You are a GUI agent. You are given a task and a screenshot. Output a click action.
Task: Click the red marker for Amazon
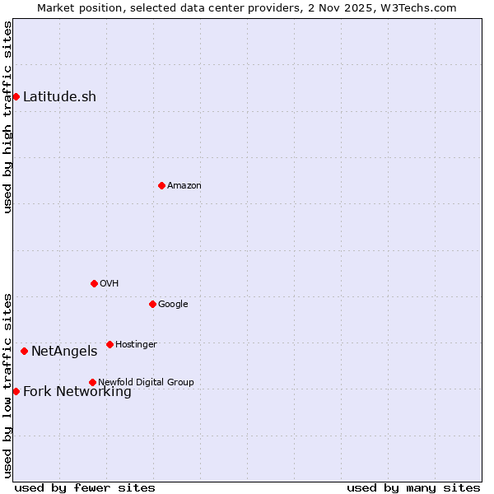click(161, 185)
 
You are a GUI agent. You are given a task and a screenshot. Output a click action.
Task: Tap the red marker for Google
click(152, 304)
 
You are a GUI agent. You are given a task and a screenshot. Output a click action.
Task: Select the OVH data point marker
click(94, 283)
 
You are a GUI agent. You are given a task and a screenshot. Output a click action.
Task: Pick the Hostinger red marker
click(110, 344)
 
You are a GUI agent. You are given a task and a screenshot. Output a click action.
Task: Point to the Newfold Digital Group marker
click(92, 382)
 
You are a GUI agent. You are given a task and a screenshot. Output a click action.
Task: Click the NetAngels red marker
click(24, 352)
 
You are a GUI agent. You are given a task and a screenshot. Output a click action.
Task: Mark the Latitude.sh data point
click(16, 96)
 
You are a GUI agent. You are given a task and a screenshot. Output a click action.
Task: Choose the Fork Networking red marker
click(16, 391)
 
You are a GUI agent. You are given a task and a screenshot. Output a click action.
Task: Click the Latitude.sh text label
click(59, 97)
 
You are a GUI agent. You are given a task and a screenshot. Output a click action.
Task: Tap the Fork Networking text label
click(77, 392)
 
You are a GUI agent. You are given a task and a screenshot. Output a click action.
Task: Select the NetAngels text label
click(64, 352)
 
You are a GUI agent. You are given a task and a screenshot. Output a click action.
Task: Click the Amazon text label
click(184, 186)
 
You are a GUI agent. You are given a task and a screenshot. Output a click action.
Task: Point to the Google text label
click(173, 305)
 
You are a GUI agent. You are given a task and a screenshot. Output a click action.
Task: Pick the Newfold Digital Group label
click(146, 383)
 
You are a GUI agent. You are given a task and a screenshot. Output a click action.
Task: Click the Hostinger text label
click(136, 345)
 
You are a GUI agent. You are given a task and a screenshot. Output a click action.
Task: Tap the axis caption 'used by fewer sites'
click(85, 488)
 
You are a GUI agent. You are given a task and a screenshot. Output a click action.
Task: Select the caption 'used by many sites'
click(413, 488)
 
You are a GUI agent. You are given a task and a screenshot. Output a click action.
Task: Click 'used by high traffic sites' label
click(8, 117)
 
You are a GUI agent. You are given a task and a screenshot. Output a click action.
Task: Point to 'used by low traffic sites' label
click(8, 384)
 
